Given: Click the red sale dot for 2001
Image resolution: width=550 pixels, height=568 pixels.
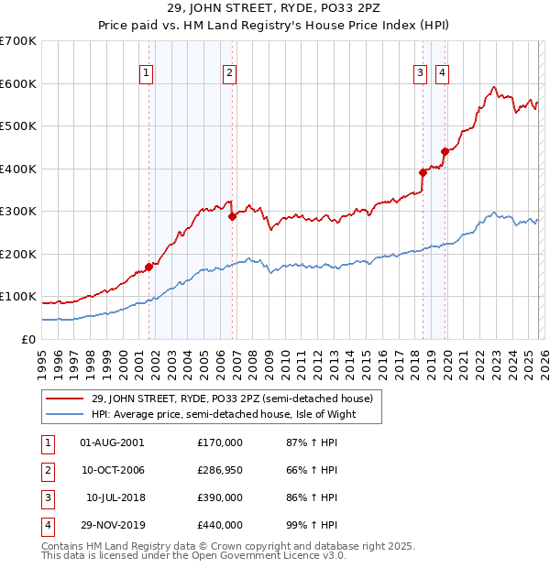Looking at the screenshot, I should click(x=148, y=267).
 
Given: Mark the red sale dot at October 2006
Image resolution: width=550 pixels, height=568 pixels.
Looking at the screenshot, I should click(x=232, y=217).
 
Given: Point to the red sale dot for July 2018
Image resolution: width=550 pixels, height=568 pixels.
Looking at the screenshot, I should click(x=423, y=172).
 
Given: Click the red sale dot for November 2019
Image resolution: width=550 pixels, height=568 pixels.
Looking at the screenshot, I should click(x=445, y=151).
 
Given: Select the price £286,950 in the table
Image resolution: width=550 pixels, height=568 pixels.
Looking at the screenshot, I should click(x=219, y=470).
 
